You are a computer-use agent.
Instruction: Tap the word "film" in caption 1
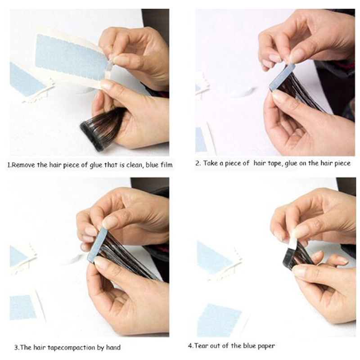click(166, 165)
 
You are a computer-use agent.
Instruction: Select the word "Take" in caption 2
click(210, 163)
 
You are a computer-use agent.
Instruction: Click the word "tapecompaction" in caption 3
click(65, 347)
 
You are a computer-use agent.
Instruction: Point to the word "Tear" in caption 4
click(201, 346)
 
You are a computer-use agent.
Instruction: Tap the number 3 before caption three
click(16, 347)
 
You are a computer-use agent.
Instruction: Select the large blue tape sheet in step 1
click(71, 58)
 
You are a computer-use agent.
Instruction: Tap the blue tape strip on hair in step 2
click(282, 77)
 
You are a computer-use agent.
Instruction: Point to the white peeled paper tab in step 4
click(293, 240)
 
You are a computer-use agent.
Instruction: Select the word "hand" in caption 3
click(113, 347)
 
